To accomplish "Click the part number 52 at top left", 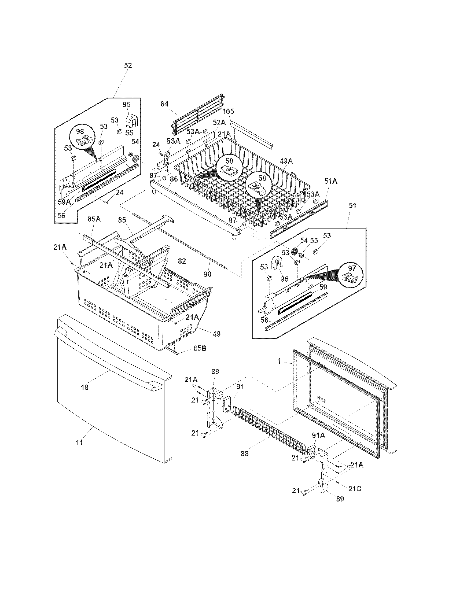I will [x=128, y=66].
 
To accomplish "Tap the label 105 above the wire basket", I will [x=228, y=111].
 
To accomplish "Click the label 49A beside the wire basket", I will [x=286, y=161].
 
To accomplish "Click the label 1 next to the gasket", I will [x=279, y=361].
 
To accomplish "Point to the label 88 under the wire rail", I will [x=244, y=454].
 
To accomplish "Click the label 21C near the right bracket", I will [x=355, y=488].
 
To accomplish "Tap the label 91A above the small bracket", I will [x=318, y=436].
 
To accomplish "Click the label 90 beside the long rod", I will [x=207, y=274].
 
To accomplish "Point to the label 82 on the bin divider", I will [x=182, y=261].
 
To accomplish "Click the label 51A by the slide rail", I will [x=331, y=181].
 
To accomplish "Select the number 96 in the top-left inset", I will [x=126, y=105].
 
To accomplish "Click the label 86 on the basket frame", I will [x=174, y=179].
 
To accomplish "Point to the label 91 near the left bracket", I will [x=240, y=386].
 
